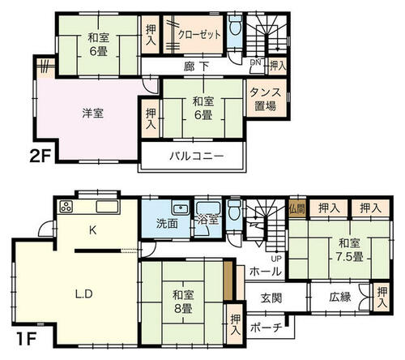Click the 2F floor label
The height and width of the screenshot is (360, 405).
click(40, 155)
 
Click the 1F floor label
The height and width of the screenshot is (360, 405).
click(26, 338)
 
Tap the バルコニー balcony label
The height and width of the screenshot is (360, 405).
click(197, 156)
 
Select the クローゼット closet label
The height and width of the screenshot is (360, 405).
click(199, 34)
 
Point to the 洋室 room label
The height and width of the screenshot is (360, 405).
click(92, 113)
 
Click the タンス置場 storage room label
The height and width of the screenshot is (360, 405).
click(266, 100)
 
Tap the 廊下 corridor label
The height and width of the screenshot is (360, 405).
click(197, 66)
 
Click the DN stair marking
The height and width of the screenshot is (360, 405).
click(256, 62)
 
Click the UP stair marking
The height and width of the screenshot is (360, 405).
click(276, 259)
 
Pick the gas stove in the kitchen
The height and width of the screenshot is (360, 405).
click(66, 207)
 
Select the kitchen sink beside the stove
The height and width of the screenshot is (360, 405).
click(107, 207)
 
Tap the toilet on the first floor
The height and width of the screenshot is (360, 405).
click(235, 210)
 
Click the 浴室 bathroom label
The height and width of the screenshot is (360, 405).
click(207, 219)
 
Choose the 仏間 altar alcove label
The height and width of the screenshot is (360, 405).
click(297, 209)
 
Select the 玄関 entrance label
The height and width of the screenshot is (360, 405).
click(271, 298)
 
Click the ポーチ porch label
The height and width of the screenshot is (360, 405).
click(266, 328)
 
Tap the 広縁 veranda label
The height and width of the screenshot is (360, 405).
click(340, 297)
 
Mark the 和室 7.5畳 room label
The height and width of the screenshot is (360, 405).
click(349, 250)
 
